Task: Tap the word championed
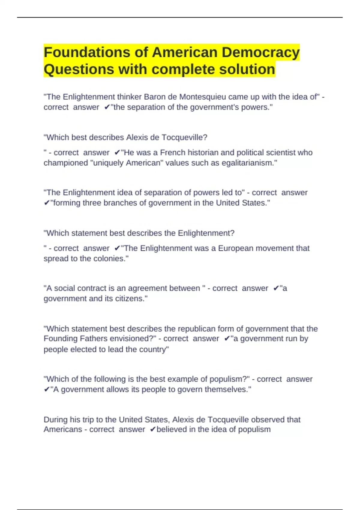coord(66,163)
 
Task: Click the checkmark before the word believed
coord(152,430)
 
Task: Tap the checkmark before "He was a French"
coord(117,153)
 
